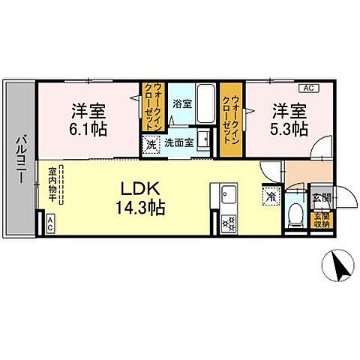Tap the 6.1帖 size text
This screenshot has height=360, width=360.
89,128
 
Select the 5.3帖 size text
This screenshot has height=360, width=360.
288,128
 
